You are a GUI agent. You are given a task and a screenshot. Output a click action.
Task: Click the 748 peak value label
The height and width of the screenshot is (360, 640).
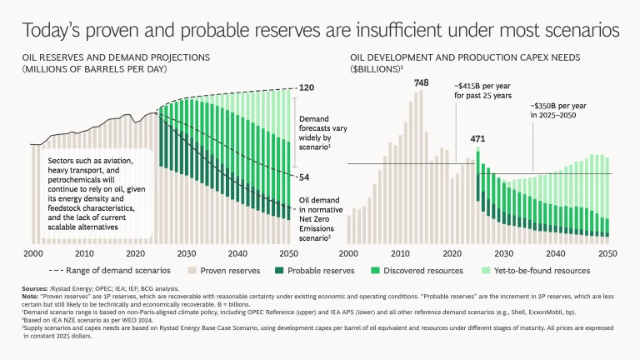tap(421, 82)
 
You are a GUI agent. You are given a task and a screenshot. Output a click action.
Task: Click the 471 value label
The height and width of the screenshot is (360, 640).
tap(477, 138)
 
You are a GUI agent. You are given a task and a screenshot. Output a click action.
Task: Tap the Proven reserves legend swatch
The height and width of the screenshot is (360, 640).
tap(195, 271)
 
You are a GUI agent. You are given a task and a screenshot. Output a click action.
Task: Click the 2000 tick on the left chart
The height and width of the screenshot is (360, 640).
tap(33, 253)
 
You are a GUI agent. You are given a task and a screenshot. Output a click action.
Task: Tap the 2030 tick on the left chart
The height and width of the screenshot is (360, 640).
tap(186, 253)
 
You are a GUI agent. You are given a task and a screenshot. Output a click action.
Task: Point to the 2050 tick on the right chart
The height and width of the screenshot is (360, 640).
tap(607, 253)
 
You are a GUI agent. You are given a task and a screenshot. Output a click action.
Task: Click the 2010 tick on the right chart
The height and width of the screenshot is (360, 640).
tap(400, 253)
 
